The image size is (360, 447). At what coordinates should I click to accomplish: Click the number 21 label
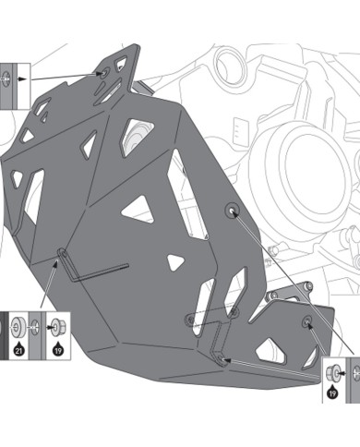19,352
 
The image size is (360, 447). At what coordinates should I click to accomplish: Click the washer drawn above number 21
18,326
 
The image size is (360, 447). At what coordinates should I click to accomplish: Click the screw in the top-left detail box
9,81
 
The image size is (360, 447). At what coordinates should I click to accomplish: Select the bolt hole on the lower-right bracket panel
307,321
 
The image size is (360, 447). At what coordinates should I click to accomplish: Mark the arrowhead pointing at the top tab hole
98,74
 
